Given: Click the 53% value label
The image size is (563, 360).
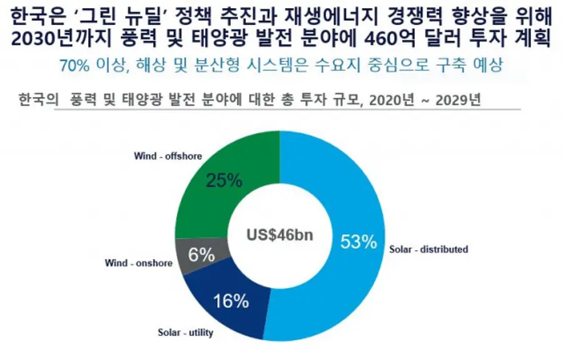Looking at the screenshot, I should click(358, 242).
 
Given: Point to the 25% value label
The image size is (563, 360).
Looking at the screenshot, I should click(224, 180).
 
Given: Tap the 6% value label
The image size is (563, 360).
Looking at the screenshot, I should click(202, 255).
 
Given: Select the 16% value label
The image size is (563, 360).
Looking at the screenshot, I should click(231, 301).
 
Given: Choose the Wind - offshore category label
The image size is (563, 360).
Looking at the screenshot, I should click(168, 156).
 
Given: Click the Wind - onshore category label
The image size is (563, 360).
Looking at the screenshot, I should click(138, 263).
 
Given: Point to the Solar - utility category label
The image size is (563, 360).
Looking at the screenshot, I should click(185, 332).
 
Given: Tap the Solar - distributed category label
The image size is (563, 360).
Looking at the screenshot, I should click(429, 249).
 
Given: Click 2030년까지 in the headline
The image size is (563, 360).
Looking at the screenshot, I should click(61, 38).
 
